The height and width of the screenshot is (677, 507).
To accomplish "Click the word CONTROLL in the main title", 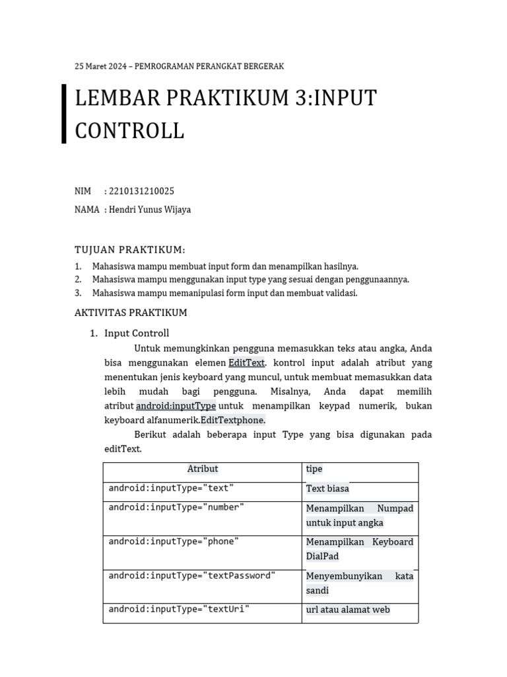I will [129, 130].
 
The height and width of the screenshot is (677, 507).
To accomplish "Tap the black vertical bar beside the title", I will [64, 114].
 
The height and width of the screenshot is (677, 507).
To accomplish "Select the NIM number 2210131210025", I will [141, 192].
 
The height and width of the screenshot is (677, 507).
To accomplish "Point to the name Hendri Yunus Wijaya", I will [150, 210].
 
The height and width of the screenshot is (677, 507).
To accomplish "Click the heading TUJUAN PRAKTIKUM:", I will [130, 249].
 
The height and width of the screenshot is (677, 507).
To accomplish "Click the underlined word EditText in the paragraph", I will [246, 362].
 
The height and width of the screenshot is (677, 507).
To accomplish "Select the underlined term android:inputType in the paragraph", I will [176, 405].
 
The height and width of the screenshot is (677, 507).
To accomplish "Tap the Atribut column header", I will [202, 469].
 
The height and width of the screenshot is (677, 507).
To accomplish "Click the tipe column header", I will [314, 469].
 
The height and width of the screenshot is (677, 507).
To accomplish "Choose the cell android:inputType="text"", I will [171, 489].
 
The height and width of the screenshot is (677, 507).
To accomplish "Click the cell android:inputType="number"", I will [176, 507].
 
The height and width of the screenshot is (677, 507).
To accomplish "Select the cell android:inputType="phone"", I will [174, 541].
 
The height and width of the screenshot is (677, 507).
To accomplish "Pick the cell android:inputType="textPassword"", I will [192, 576].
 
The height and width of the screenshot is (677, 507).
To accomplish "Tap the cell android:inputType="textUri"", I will [179, 609].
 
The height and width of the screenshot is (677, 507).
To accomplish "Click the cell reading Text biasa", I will [327, 489].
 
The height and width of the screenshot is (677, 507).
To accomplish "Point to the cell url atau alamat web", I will [348, 610].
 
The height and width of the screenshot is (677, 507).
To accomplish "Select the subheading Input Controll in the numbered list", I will [137, 333].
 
